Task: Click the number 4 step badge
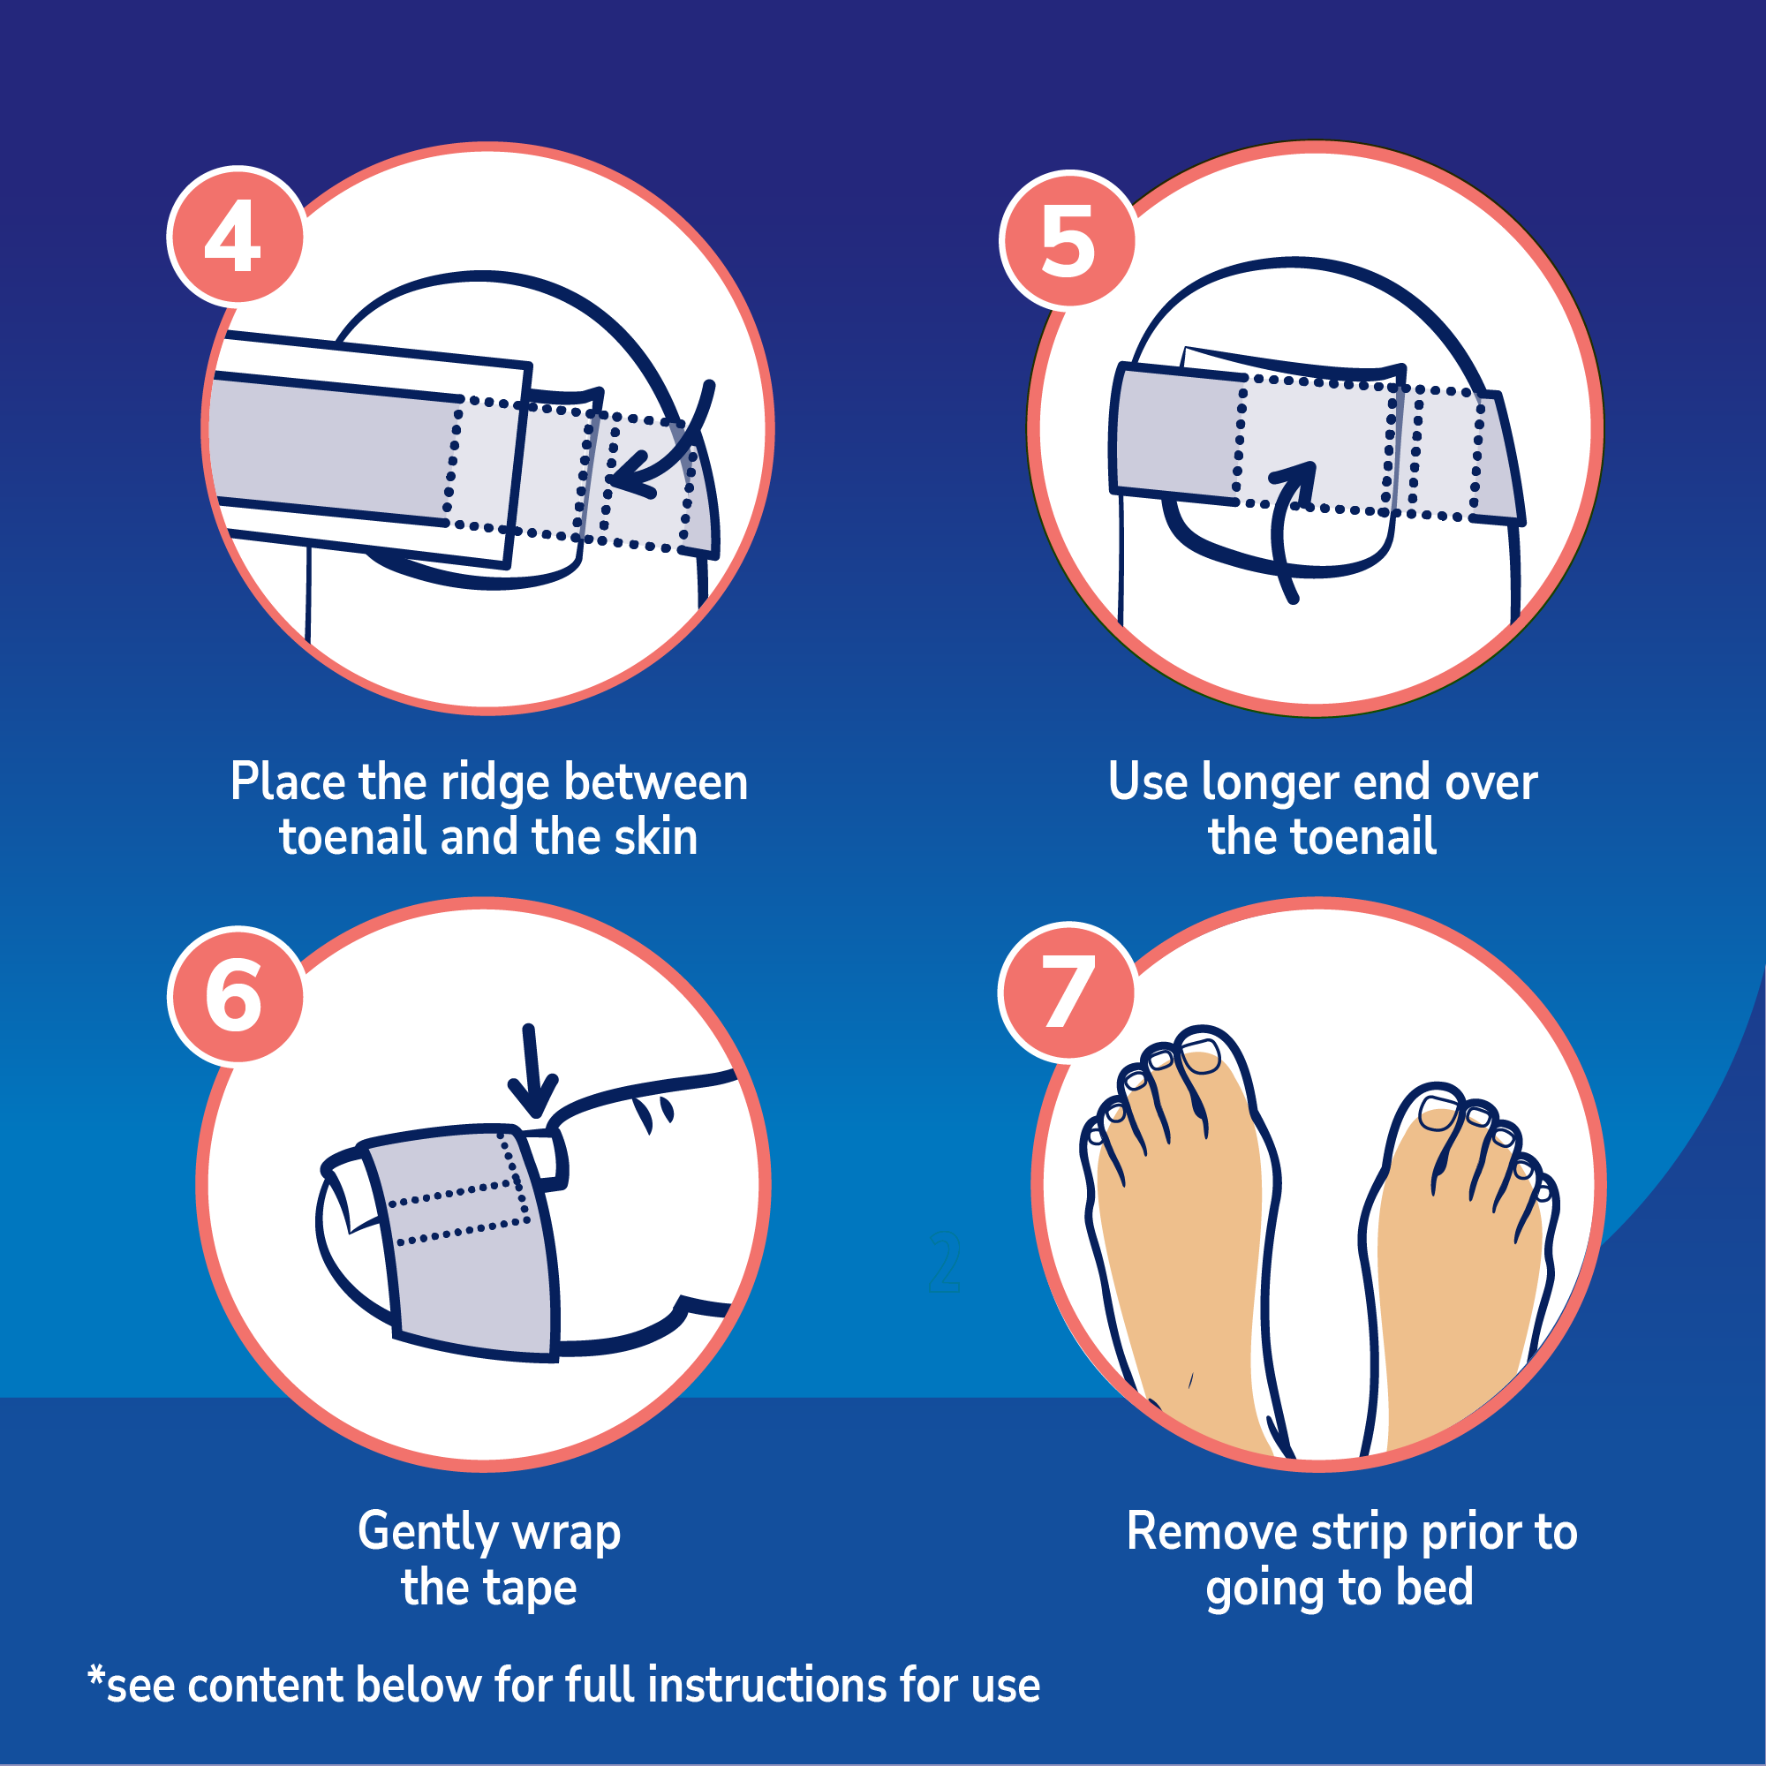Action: point(236,237)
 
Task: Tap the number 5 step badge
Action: point(1068,238)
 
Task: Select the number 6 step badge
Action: point(235,994)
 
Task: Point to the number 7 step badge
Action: point(1068,991)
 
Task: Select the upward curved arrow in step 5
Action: point(1287,531)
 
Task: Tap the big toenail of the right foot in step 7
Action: point(1439,1113)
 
